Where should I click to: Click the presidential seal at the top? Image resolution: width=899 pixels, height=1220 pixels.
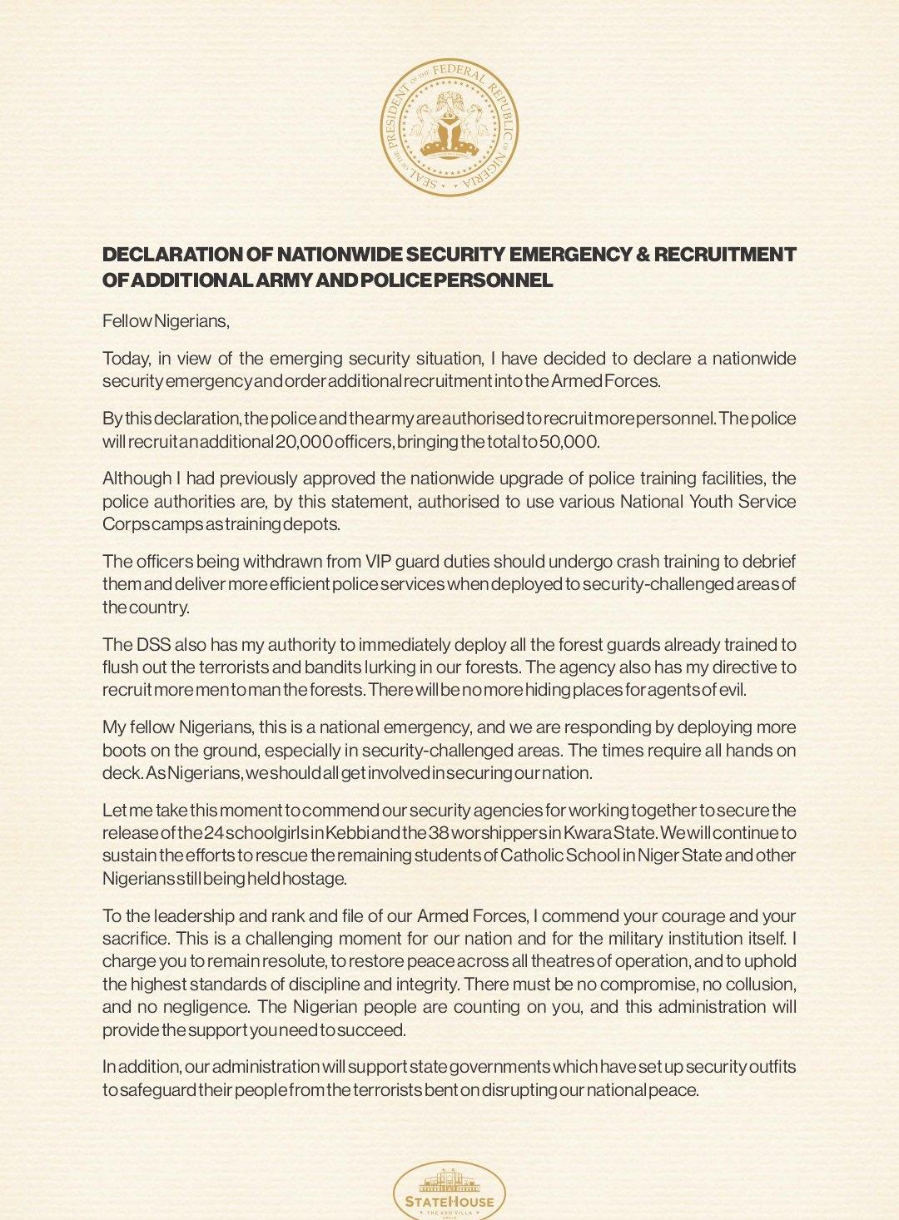coord(449,127)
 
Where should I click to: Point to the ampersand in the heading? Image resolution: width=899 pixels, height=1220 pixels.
coord(642,255)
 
